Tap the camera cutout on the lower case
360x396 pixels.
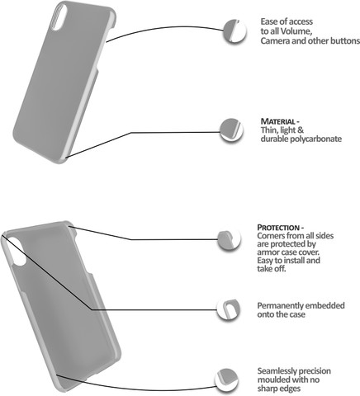[x=16, y=252]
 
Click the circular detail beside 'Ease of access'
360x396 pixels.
[x=234, y=31]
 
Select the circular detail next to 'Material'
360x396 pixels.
[x=231, y=130]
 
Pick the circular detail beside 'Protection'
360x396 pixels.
[x=229, y=240]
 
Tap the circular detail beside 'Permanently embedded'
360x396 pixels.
[x=229, y=309]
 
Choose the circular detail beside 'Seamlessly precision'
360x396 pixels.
[x=227, y=381]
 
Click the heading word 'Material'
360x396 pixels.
[x=277, y=121]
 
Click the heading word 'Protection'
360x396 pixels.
[x=278, y=228]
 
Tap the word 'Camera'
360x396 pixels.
[x=275, y=41]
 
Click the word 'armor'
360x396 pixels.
[x=267, y=252]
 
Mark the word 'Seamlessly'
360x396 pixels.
[x=277, y=371]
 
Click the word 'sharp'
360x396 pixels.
[x=268, y=389]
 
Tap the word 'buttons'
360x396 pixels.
[x=345, y=41]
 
